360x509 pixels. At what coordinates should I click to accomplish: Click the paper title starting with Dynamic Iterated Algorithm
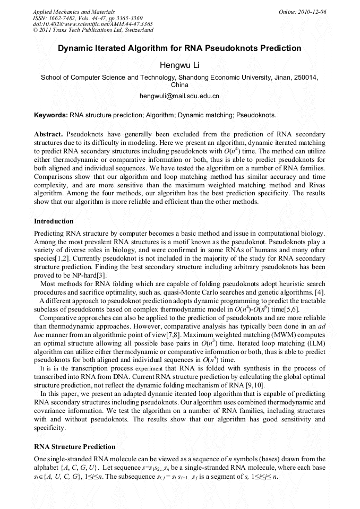[179, 48]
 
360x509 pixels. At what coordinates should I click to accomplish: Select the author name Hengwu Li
[179, 65]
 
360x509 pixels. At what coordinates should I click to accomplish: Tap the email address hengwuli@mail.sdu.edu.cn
[179, 96]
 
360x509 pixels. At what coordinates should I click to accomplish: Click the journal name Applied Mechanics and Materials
[74, 11]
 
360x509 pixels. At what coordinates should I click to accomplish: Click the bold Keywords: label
[51, 114]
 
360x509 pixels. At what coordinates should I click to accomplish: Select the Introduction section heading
[54, 221]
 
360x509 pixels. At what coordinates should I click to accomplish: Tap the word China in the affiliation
[179, 84]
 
